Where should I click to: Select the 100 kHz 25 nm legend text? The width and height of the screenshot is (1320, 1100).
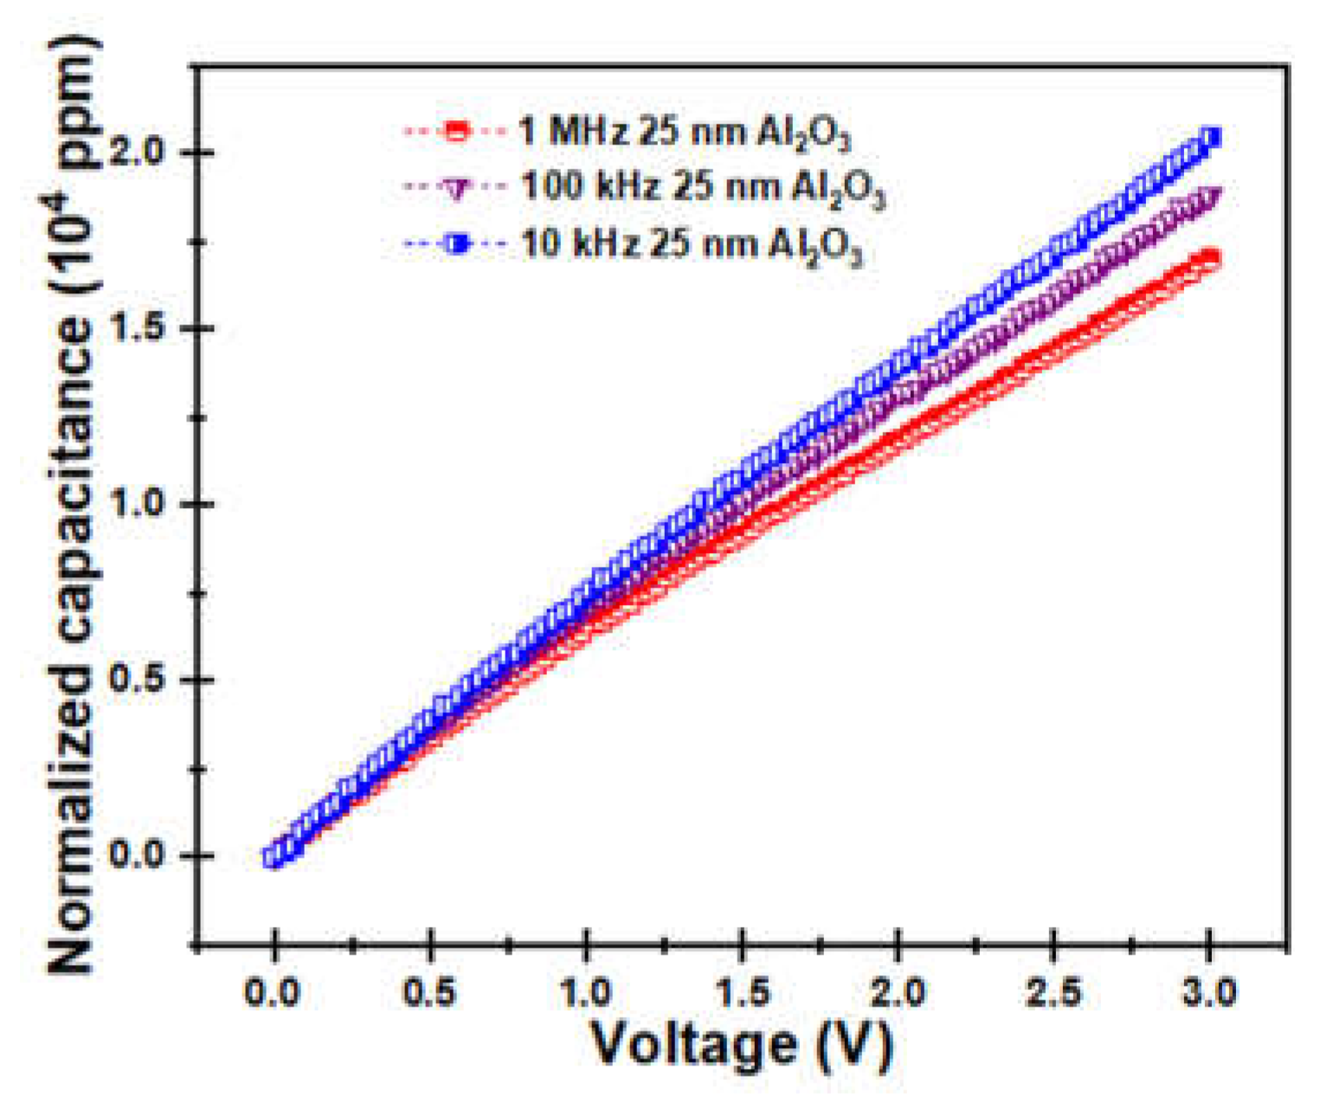coord(702,188)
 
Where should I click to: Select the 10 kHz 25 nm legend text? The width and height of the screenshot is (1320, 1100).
coord(692,245)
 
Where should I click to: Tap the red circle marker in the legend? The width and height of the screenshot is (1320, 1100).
coord(456,132)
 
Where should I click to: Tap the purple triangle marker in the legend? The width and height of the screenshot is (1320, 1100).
coord(456,188)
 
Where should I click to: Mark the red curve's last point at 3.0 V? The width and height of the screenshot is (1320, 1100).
coord(1210,259)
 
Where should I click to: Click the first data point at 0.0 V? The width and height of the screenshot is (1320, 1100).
coord(274,856)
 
